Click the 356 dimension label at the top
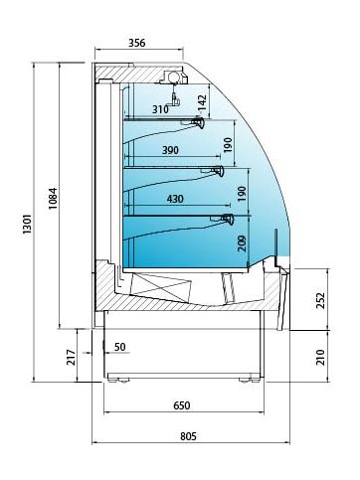point(137,43)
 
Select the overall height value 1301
point(27,225)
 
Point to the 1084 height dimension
point(53,199)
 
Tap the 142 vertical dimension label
point(202,102)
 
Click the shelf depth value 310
point(160,109)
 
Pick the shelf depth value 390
point(170,150)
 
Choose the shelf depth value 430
point(175,199)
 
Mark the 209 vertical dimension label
point(243,243)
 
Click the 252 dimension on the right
point(320,300)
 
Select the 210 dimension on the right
point(320,357)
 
